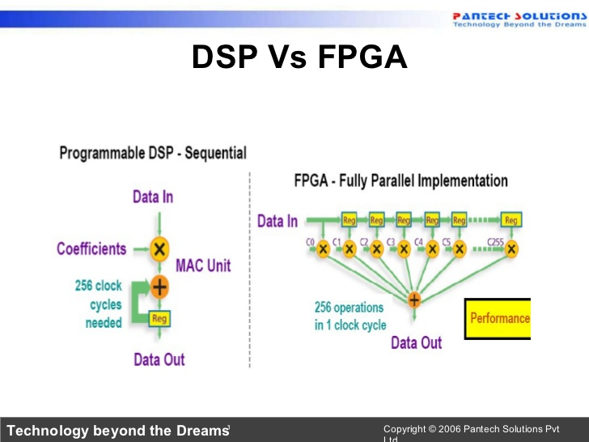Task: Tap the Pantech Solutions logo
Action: (x=518, y=19)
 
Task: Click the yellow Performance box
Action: (x=498, y=318)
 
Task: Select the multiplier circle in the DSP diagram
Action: (x=159, y=249)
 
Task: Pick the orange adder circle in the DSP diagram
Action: (x=159, y=286)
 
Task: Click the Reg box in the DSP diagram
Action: (x=159, y=319)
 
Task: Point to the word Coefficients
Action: (x=91, y=249)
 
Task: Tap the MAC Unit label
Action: (x=203, y=266)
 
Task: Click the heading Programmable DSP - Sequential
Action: (x=153, y=153)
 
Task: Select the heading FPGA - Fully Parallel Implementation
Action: (x=400, y=180)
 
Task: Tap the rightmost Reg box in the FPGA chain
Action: (x=511, y=220)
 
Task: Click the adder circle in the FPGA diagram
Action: (x=414, y=300)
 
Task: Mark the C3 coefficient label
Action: (x=391, y=242)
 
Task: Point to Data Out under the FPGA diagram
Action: (x=416, y=342)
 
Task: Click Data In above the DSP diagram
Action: (x=153, y=197)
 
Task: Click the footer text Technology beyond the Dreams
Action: (x=117, y=431)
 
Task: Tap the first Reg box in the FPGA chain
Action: (x=350, y=220)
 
